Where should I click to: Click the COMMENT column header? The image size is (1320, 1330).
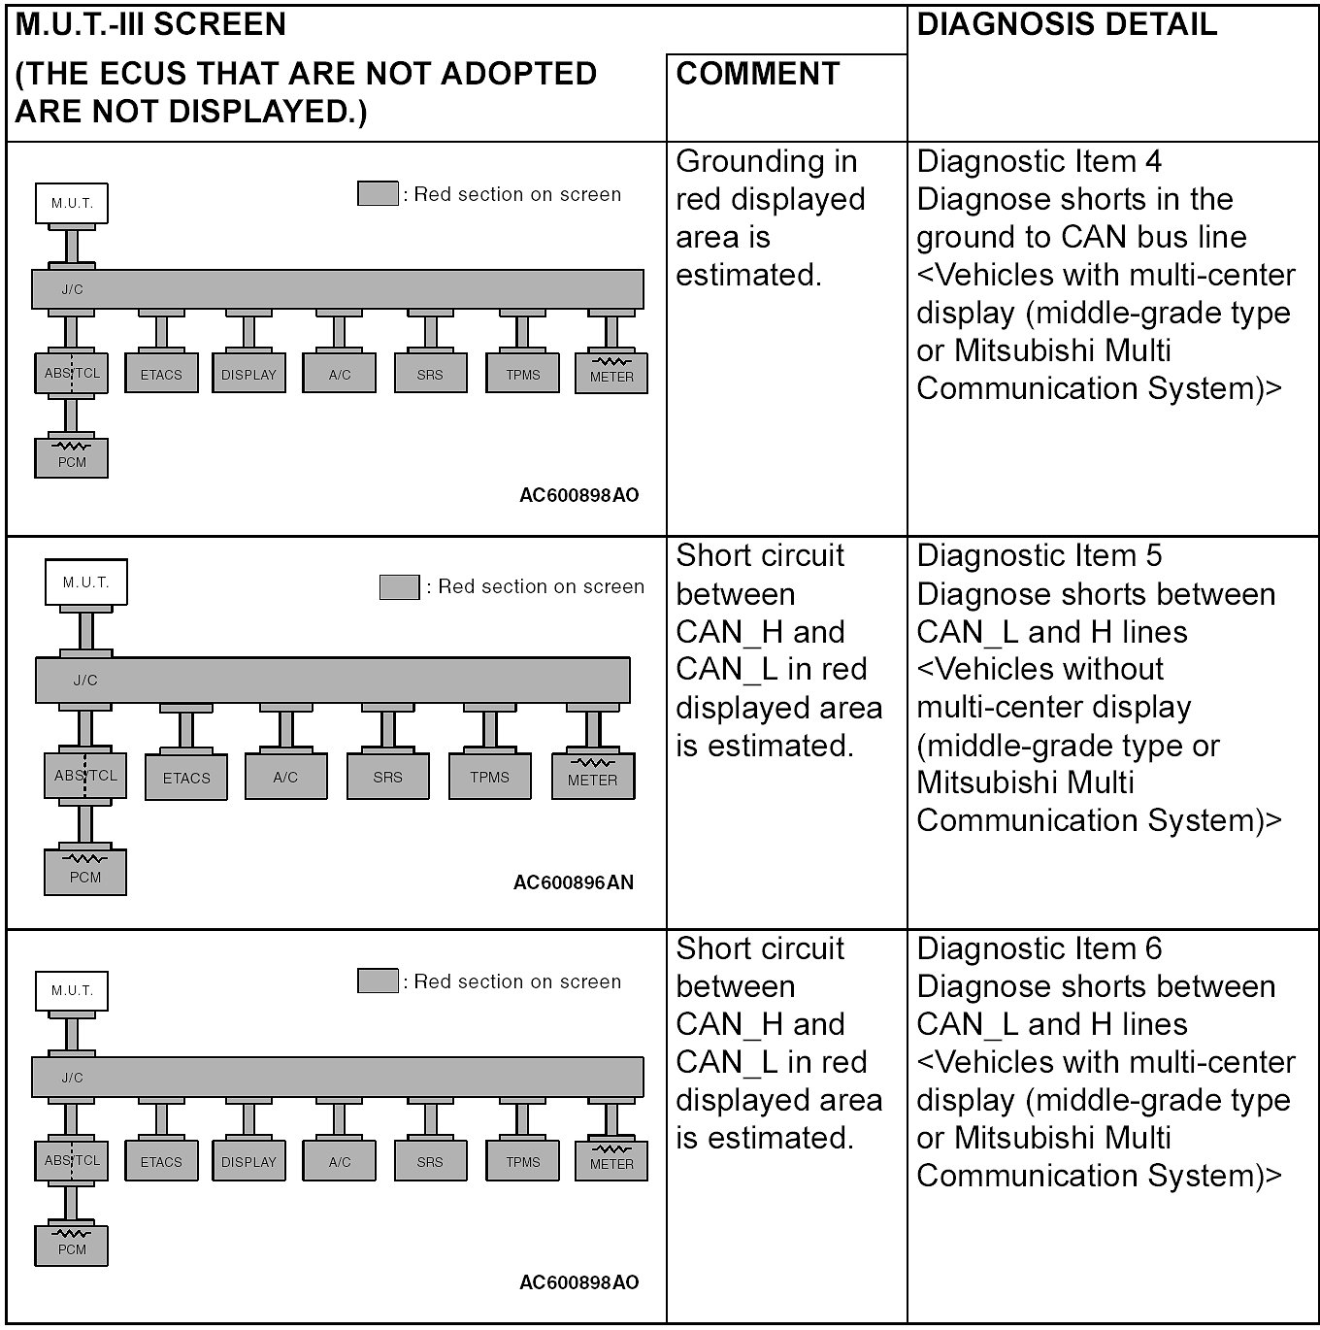(757, 74)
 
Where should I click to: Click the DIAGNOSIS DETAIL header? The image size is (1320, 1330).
(1066, 24)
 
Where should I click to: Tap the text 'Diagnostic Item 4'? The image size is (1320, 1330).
(1038, 161)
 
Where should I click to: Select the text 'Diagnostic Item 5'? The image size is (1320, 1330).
(1038, 555)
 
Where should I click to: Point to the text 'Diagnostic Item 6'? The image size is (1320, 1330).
(1038, 948)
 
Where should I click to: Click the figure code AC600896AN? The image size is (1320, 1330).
(573, 882)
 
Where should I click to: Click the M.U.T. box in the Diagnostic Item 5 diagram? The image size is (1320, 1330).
(86, 582)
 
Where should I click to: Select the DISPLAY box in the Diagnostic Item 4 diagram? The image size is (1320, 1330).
(248, 375)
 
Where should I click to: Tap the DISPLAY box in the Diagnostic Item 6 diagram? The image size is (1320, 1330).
(248, 1162)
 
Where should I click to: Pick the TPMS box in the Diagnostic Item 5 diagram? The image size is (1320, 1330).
(489, 777)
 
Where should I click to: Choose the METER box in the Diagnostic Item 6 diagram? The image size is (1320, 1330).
(611, 1160)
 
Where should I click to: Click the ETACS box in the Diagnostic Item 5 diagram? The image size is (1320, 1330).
(186, 778)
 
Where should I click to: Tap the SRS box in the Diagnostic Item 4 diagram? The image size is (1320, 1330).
(430, 375)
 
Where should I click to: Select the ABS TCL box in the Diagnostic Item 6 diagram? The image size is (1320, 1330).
(72, 1160)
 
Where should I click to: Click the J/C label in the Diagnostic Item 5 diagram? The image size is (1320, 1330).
(85, 681)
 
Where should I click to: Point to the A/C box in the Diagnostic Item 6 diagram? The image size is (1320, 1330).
(340, 1162)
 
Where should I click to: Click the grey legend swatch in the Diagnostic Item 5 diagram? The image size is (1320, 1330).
(399, 587)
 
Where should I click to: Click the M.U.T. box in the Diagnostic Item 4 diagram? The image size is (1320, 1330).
(72, 203)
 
